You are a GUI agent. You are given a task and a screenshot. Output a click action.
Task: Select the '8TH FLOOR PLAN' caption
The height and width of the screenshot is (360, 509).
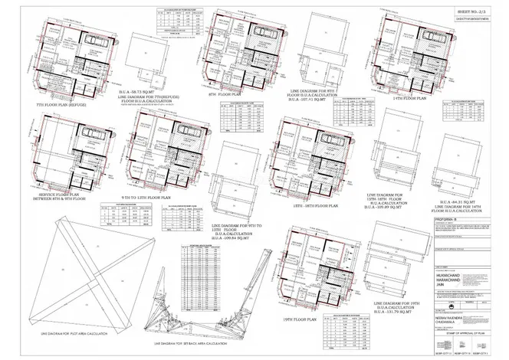click(225, 95)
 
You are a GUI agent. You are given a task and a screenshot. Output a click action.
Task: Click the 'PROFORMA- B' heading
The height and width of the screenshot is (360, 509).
click(448, 217)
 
